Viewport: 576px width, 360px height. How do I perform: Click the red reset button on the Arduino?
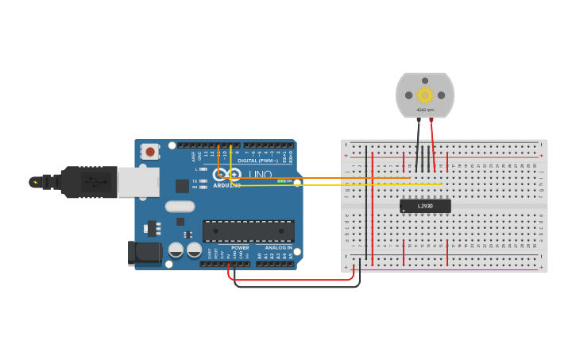[x=149, y=151]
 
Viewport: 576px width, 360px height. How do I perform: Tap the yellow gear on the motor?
[x=425, y=95]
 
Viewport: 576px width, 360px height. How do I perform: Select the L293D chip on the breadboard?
[x=425, y=206]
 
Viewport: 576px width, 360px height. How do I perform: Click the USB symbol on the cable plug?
[x=94, y=182]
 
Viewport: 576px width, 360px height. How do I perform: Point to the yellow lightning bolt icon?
[x=34, y=182]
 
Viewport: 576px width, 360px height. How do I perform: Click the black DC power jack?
[x=144, y=253]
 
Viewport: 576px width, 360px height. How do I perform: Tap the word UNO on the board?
[x=260, y=175]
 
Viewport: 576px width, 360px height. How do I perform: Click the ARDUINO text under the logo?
[x=226, y=185]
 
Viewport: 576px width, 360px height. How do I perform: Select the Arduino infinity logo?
[x=226, y=175]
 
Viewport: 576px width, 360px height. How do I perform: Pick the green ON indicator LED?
[x=280, y=181]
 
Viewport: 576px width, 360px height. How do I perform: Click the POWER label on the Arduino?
[x=240, y=248]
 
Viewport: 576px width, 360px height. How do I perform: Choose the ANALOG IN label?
[x=278, y=248]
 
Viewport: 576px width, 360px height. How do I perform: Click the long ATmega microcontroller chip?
[x=249, y=231]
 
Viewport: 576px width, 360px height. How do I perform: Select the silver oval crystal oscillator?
[x=180, y=207]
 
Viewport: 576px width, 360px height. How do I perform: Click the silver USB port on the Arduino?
[x=137, y=182]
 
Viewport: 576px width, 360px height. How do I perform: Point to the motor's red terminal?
[x=431, y=119]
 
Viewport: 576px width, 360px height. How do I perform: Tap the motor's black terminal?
[x=418, y=119]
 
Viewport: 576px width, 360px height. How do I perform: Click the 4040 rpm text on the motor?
[x=425, y=110]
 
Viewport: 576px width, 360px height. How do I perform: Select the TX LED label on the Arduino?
[x=195, y=180]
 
